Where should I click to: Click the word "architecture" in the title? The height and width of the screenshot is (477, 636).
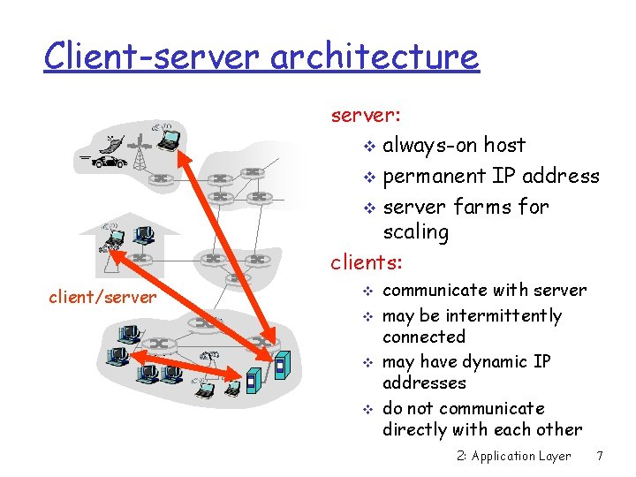tap(375, 57)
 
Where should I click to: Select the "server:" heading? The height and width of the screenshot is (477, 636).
tap(366, 115)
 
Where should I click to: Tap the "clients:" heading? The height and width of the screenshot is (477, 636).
tap(366, 262)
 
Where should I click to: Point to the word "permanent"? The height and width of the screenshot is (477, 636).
tap(435, 177)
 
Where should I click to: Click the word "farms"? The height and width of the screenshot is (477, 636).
tap(483, 207)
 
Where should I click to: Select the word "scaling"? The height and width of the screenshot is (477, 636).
tap(415, 232)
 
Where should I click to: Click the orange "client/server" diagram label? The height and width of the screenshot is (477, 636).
tap(102, 298)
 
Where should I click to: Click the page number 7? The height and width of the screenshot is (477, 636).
tap(600, 456)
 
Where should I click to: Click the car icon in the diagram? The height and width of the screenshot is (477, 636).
tap(110, 163)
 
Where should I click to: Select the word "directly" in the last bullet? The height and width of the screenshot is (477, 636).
tap(415, 430)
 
